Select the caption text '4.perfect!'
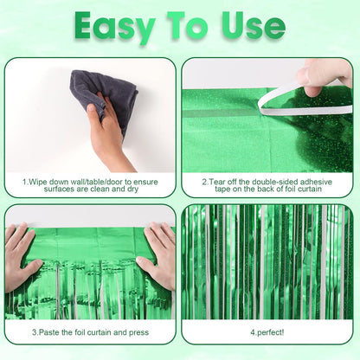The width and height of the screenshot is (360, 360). (x=266, y=331)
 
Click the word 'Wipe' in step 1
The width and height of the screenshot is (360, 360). (x=39, y=183)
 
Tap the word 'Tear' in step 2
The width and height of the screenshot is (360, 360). (x=218, y=183)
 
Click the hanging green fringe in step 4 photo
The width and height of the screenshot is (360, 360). (x=266, y=260)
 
